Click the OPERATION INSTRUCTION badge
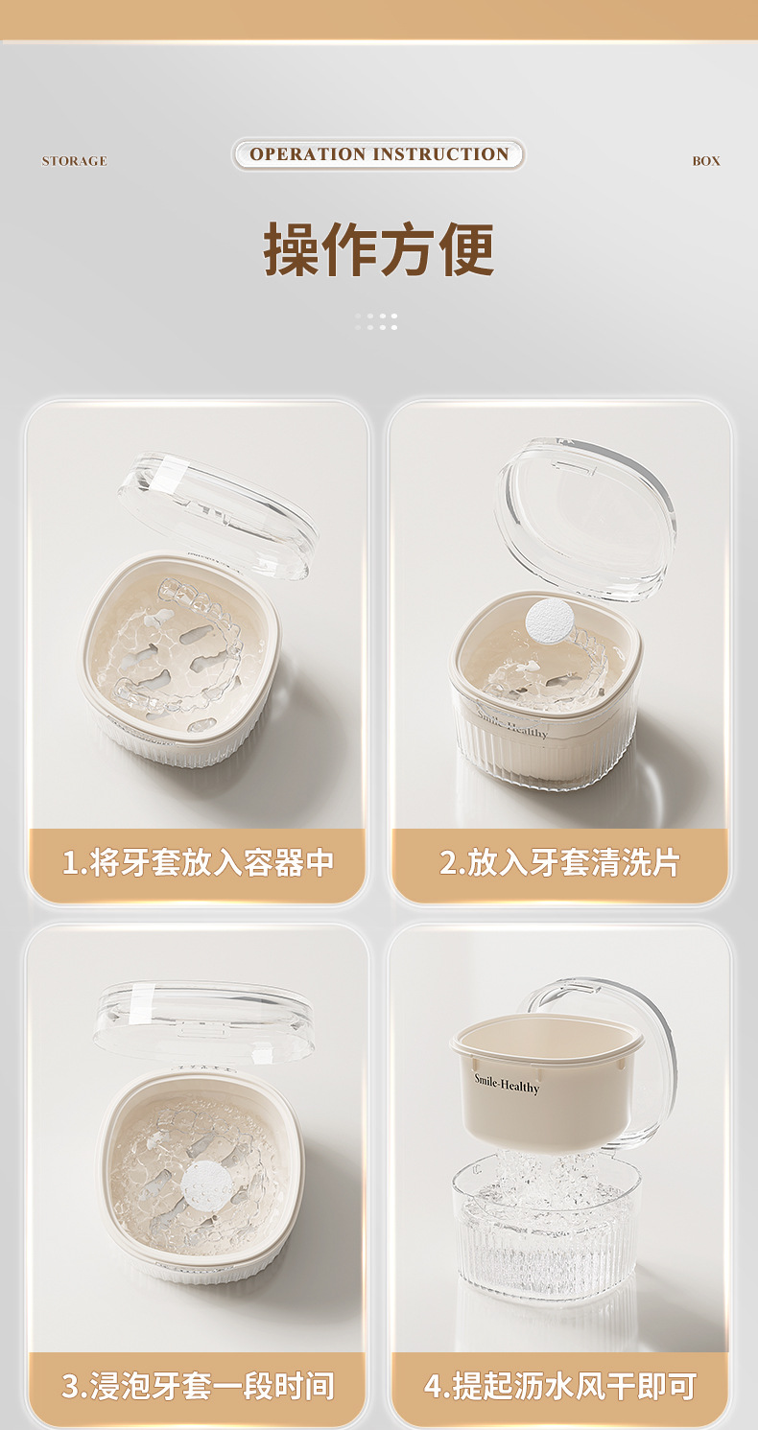378,154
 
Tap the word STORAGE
74,161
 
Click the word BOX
705,161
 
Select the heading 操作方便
379,249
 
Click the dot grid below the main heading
376,321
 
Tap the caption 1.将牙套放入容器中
198,862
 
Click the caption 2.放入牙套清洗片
559,862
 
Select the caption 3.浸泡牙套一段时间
198,1386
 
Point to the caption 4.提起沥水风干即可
560,1386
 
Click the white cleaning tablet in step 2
549,619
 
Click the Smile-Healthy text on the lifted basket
507,1084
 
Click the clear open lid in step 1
218,516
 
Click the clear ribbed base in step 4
547,1227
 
